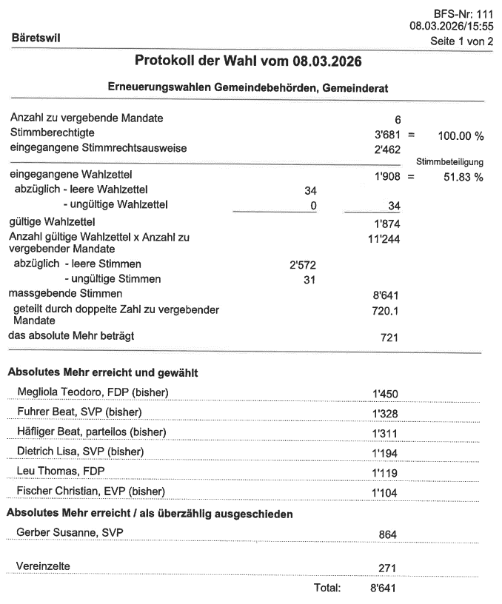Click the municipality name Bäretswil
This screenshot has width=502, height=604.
tap(36, 35)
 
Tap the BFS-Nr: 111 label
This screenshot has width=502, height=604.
tap(463, 14)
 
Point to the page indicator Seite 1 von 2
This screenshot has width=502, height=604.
tap(461, 41)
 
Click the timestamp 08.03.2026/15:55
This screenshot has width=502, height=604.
tap(451, 27)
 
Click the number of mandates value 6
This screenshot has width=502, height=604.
tap(398, 119)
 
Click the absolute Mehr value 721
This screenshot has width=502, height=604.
tap(389, 338)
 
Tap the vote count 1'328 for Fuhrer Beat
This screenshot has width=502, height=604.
tap(385, 412)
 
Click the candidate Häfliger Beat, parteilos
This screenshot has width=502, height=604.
tap(92, 432)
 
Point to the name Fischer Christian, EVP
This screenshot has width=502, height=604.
tap(90, 491)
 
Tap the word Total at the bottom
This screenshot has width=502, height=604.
tap(327, 589)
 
